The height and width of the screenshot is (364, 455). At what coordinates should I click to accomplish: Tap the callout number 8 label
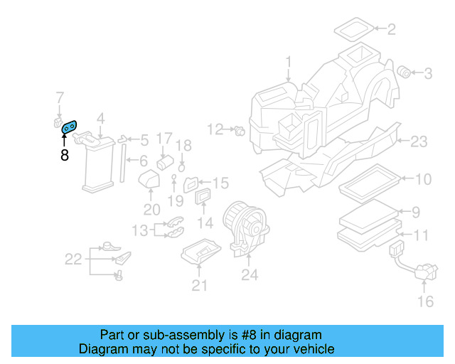pos(65,154)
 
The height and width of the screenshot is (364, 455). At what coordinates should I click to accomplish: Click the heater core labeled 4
pos(97,167)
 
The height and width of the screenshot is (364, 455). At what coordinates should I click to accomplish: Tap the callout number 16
pos(424,301)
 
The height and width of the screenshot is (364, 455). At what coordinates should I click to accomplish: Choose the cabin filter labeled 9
pos(368,212)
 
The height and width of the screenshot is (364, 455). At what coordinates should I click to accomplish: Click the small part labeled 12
pos(240,130)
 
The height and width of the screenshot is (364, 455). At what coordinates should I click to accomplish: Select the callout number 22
pos(74,260)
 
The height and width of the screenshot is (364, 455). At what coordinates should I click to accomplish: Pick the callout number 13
pos(139,230)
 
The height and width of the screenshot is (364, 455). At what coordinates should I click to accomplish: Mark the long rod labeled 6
pos(123,162)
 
